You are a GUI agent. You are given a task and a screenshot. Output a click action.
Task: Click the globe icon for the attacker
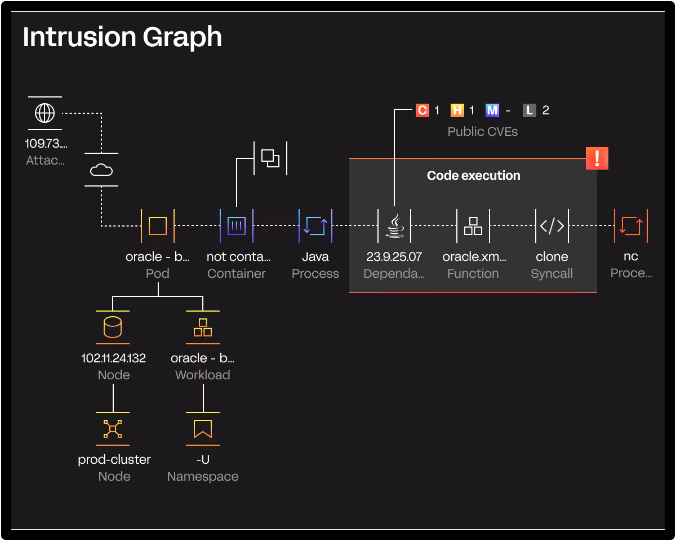tap(45, 113)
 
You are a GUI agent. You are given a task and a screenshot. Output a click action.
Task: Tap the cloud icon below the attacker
tap(101, 170)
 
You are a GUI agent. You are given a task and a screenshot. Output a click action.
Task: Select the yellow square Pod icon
tap(158, 226)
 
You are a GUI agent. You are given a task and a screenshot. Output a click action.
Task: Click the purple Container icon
tap(237, 226)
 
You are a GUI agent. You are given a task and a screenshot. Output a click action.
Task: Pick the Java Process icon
tap(315, 226)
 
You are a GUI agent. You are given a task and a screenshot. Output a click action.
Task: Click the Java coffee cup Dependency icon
tap(394, 226)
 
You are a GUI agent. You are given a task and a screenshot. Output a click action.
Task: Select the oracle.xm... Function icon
tap(473, 226)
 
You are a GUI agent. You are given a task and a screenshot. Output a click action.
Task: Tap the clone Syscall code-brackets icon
tap(552, 226)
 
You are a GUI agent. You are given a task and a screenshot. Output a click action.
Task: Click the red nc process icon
tap(631, 226)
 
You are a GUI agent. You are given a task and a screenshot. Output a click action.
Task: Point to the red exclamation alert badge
tap(597, 158)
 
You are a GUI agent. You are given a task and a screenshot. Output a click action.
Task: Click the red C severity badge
tap(422, 110)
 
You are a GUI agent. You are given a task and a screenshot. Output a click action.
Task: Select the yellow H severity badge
tap(457, 110)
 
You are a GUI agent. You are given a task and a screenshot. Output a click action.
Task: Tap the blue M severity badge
tap(492, 110)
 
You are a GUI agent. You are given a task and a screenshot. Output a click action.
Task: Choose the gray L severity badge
tap(529, 110)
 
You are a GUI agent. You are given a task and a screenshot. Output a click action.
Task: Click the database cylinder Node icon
tap(113, 327)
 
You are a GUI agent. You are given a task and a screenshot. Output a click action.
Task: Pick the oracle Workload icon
tap(203, 327)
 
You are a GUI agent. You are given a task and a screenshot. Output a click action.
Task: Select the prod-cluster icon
tap(113, 429)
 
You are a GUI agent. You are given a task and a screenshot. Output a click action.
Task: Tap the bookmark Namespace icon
tap(203, 429)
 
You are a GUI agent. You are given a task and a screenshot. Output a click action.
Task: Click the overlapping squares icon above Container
tap(270, 158)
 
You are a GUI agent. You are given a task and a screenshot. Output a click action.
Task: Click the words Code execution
tap(473, 175)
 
